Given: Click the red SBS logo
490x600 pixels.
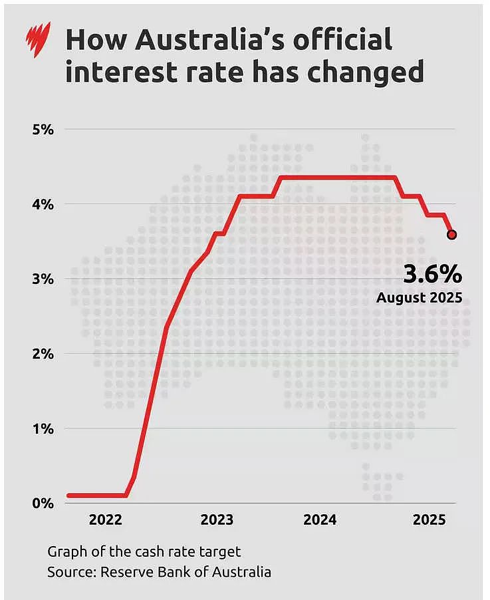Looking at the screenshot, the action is (x=38, y=40).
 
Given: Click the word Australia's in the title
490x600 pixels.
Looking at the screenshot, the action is (x=210, y=39).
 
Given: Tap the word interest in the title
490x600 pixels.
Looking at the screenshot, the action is (x=121, y=71).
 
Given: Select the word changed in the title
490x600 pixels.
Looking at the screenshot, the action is (x=365, y=73).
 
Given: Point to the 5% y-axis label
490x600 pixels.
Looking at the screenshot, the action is (x=43, y=130).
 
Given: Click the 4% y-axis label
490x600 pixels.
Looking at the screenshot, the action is (x=43, y=204).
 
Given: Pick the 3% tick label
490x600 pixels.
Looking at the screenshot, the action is (x=43, y=279).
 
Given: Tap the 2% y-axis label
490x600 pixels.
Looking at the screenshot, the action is (x=43, y=354).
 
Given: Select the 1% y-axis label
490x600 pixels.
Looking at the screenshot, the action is (x=43, y=429).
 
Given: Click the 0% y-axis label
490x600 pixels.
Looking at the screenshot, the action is (x=43, y=504).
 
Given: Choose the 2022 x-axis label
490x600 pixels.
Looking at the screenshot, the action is (x=106, y=520).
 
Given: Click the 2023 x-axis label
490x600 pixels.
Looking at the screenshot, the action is (x=217, y=520).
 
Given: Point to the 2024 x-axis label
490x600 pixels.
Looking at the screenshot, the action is (x=320, y=520).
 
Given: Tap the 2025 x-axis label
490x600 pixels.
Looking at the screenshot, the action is (x=429, y=520).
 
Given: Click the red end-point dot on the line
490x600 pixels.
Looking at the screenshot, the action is (x=451, y=235).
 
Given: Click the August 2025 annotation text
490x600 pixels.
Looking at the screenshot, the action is (x=420, y=298).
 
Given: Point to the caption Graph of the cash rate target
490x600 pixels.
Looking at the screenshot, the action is (x=144, y=552).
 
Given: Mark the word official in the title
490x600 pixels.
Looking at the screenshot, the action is (x=342, y=39).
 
